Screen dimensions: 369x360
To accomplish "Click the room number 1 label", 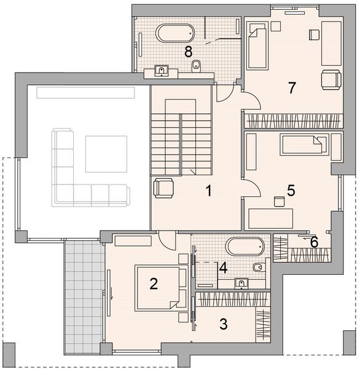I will tap(209, 191).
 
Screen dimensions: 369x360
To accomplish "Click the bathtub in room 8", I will tap(176, 33).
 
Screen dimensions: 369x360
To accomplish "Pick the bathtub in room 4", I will tap(245, 247).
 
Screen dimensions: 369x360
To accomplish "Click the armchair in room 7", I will tap(331, 79).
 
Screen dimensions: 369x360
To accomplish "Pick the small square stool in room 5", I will tap(279, 201).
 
